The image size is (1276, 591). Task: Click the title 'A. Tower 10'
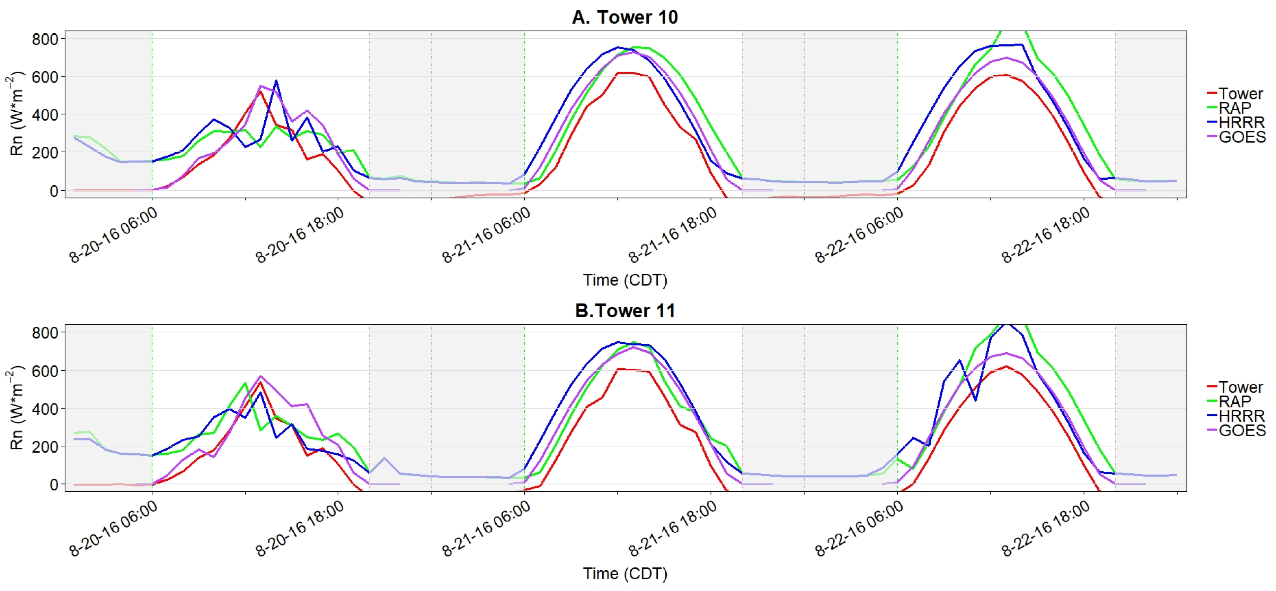624,17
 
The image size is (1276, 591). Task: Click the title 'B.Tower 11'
624,310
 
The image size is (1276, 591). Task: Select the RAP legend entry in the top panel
1234,108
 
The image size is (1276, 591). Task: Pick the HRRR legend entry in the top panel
1241,122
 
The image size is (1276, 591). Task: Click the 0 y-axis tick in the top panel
53,191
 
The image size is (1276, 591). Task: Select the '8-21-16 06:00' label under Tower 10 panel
486,235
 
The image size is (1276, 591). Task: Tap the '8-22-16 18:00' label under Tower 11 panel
1046,529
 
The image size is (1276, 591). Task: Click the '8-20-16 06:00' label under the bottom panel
113,529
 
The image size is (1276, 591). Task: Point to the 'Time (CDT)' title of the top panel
624,280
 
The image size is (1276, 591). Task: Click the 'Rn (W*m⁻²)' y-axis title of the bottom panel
17,408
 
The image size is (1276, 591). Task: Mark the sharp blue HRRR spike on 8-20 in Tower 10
276,81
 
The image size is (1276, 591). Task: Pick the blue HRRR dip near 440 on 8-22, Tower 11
975,400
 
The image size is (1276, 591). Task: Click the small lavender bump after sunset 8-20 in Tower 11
384,458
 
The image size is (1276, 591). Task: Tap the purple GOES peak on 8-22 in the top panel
1006,58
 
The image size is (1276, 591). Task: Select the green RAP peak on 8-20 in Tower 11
245,383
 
